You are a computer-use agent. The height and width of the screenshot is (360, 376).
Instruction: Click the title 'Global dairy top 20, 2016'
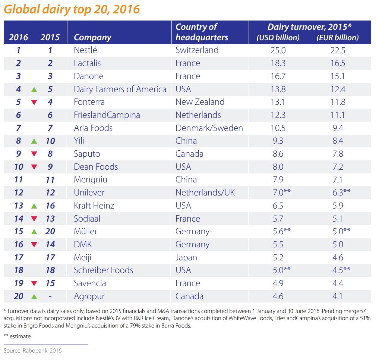(72, 9)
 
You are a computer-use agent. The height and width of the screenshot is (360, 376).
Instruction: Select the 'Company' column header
(92, 37)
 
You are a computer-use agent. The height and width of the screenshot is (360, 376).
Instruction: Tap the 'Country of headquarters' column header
(202, 32)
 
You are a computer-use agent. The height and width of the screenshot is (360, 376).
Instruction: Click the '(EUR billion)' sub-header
(337, 38)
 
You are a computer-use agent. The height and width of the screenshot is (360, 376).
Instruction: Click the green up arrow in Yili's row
(34, 141)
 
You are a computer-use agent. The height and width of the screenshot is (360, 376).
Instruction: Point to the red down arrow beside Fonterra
(34, 103)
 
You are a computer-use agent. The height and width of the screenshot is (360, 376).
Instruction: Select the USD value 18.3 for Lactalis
(278, 63)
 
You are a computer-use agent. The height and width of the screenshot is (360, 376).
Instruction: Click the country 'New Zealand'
(200, 102)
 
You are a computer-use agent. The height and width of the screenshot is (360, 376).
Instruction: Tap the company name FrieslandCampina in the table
(107, 115)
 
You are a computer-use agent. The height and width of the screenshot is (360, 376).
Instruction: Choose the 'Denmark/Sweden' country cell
(209, 128)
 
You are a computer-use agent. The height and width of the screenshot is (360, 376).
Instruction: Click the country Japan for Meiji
(186, 257)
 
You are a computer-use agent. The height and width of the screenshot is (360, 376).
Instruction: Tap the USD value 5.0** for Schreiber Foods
(281, 270)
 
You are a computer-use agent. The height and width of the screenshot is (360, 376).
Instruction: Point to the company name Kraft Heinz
(94, 206)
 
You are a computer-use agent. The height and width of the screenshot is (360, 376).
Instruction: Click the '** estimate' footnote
(17, 336)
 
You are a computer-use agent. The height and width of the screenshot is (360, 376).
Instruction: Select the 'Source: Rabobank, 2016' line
(33, 351)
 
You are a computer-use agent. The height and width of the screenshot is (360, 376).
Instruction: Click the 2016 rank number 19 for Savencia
(19, 283)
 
